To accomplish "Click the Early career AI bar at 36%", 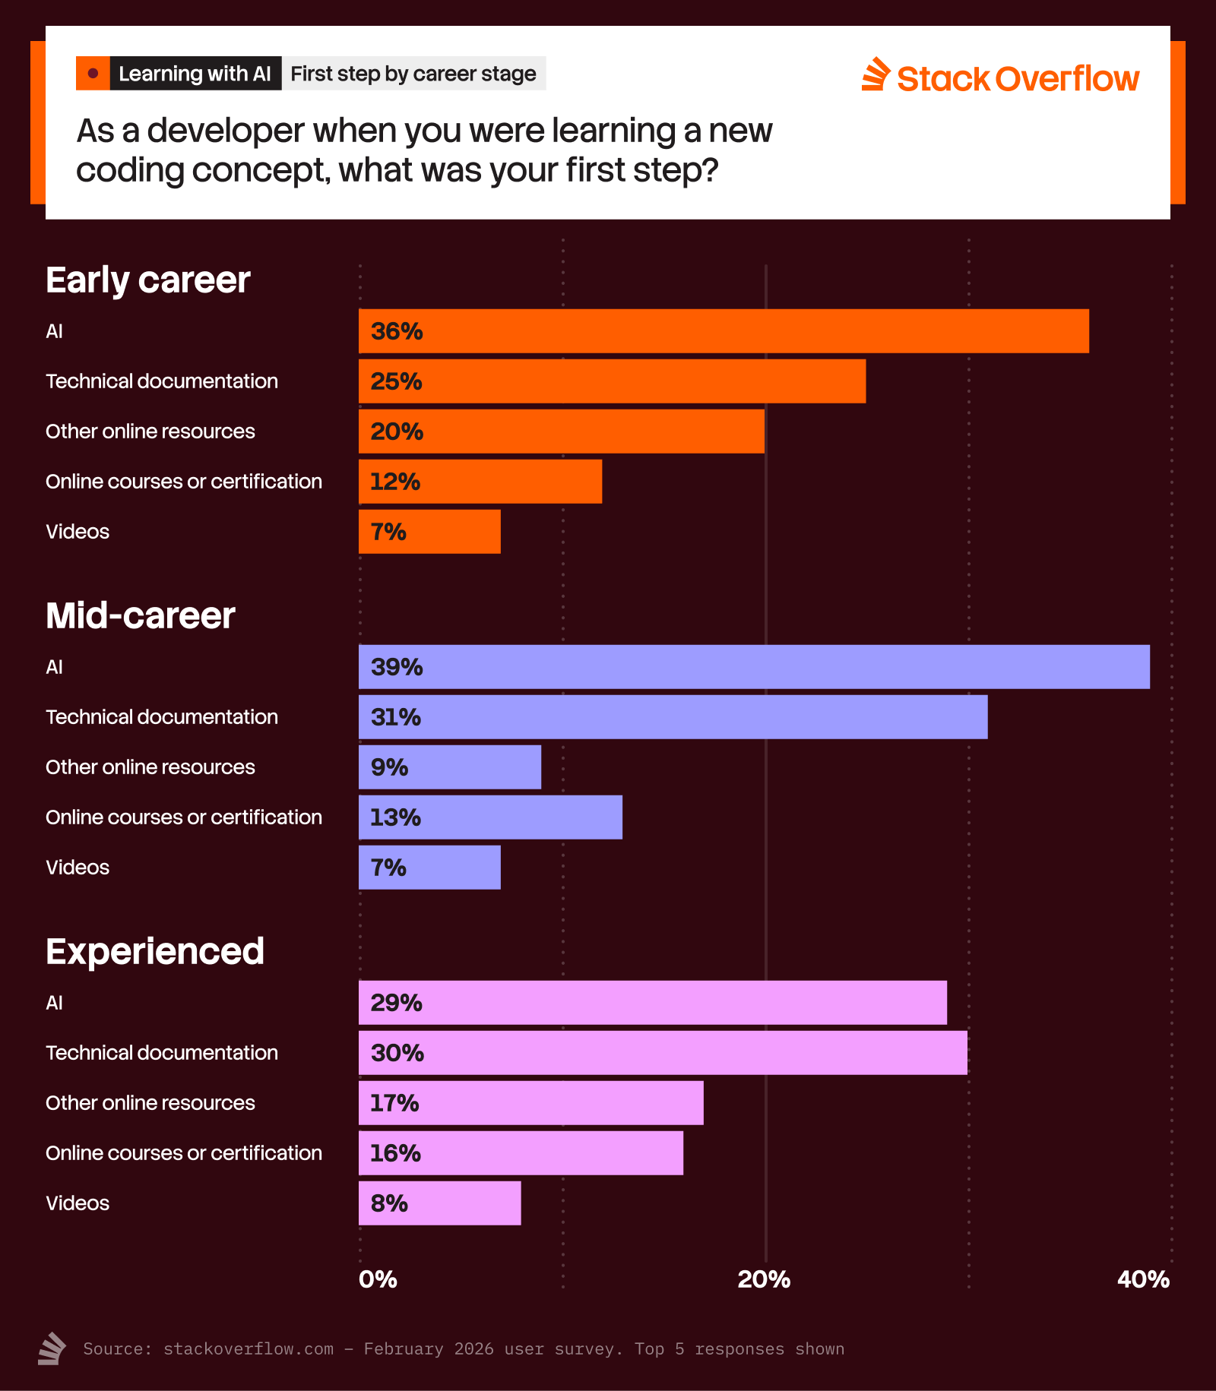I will coord(724,331).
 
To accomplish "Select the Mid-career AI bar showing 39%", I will coord(754,667).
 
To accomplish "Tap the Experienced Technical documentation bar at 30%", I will coord(663,1053).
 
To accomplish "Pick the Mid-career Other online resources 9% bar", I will coord(450,767).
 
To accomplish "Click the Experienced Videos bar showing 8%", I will coord(440,1203).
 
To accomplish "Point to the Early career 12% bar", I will coord(480,482).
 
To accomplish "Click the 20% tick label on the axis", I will coord(764,1279).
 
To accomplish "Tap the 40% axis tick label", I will coord(1143,1279).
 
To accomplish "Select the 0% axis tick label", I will coord(378,1279).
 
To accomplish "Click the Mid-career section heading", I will coord(141,615).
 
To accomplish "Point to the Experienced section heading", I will coord(155,951).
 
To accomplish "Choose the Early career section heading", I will coord(148,280).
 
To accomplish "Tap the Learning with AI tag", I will coord(195,74).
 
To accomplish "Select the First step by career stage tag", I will coord(413,74).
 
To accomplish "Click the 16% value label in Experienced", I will coord(395,1153).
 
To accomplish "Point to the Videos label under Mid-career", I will coord(78,868).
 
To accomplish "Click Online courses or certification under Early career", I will coord(184,482).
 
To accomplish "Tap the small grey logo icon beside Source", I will coord(52,1348).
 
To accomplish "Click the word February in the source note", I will coord(403,1348).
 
